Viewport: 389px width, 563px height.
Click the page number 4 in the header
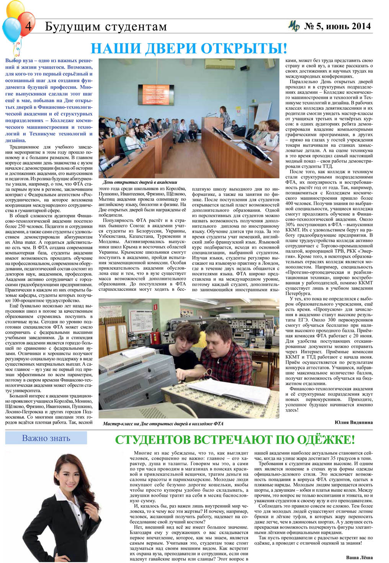tap(28, 27)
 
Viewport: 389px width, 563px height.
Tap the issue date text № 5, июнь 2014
tap(337, 26)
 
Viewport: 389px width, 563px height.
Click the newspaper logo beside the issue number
tap(294, 26)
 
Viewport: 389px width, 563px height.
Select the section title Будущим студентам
tap(106, 27)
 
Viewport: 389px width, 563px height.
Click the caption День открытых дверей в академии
tap(140, 182)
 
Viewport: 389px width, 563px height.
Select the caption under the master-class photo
tap(163, 424)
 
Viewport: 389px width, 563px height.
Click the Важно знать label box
tap(46, 438)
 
